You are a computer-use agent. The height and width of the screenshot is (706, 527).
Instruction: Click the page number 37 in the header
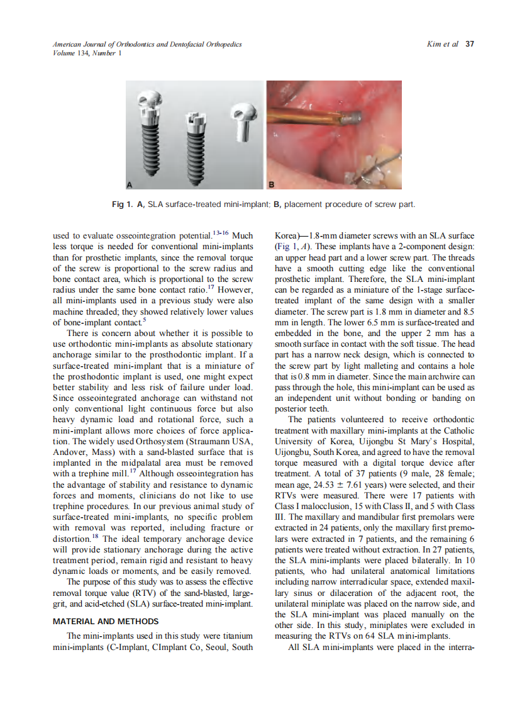click(x=469, y=44)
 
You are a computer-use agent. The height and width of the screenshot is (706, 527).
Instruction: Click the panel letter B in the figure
click(x=272, y=184)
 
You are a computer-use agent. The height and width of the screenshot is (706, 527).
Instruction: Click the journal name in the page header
click(x=147, y=44)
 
